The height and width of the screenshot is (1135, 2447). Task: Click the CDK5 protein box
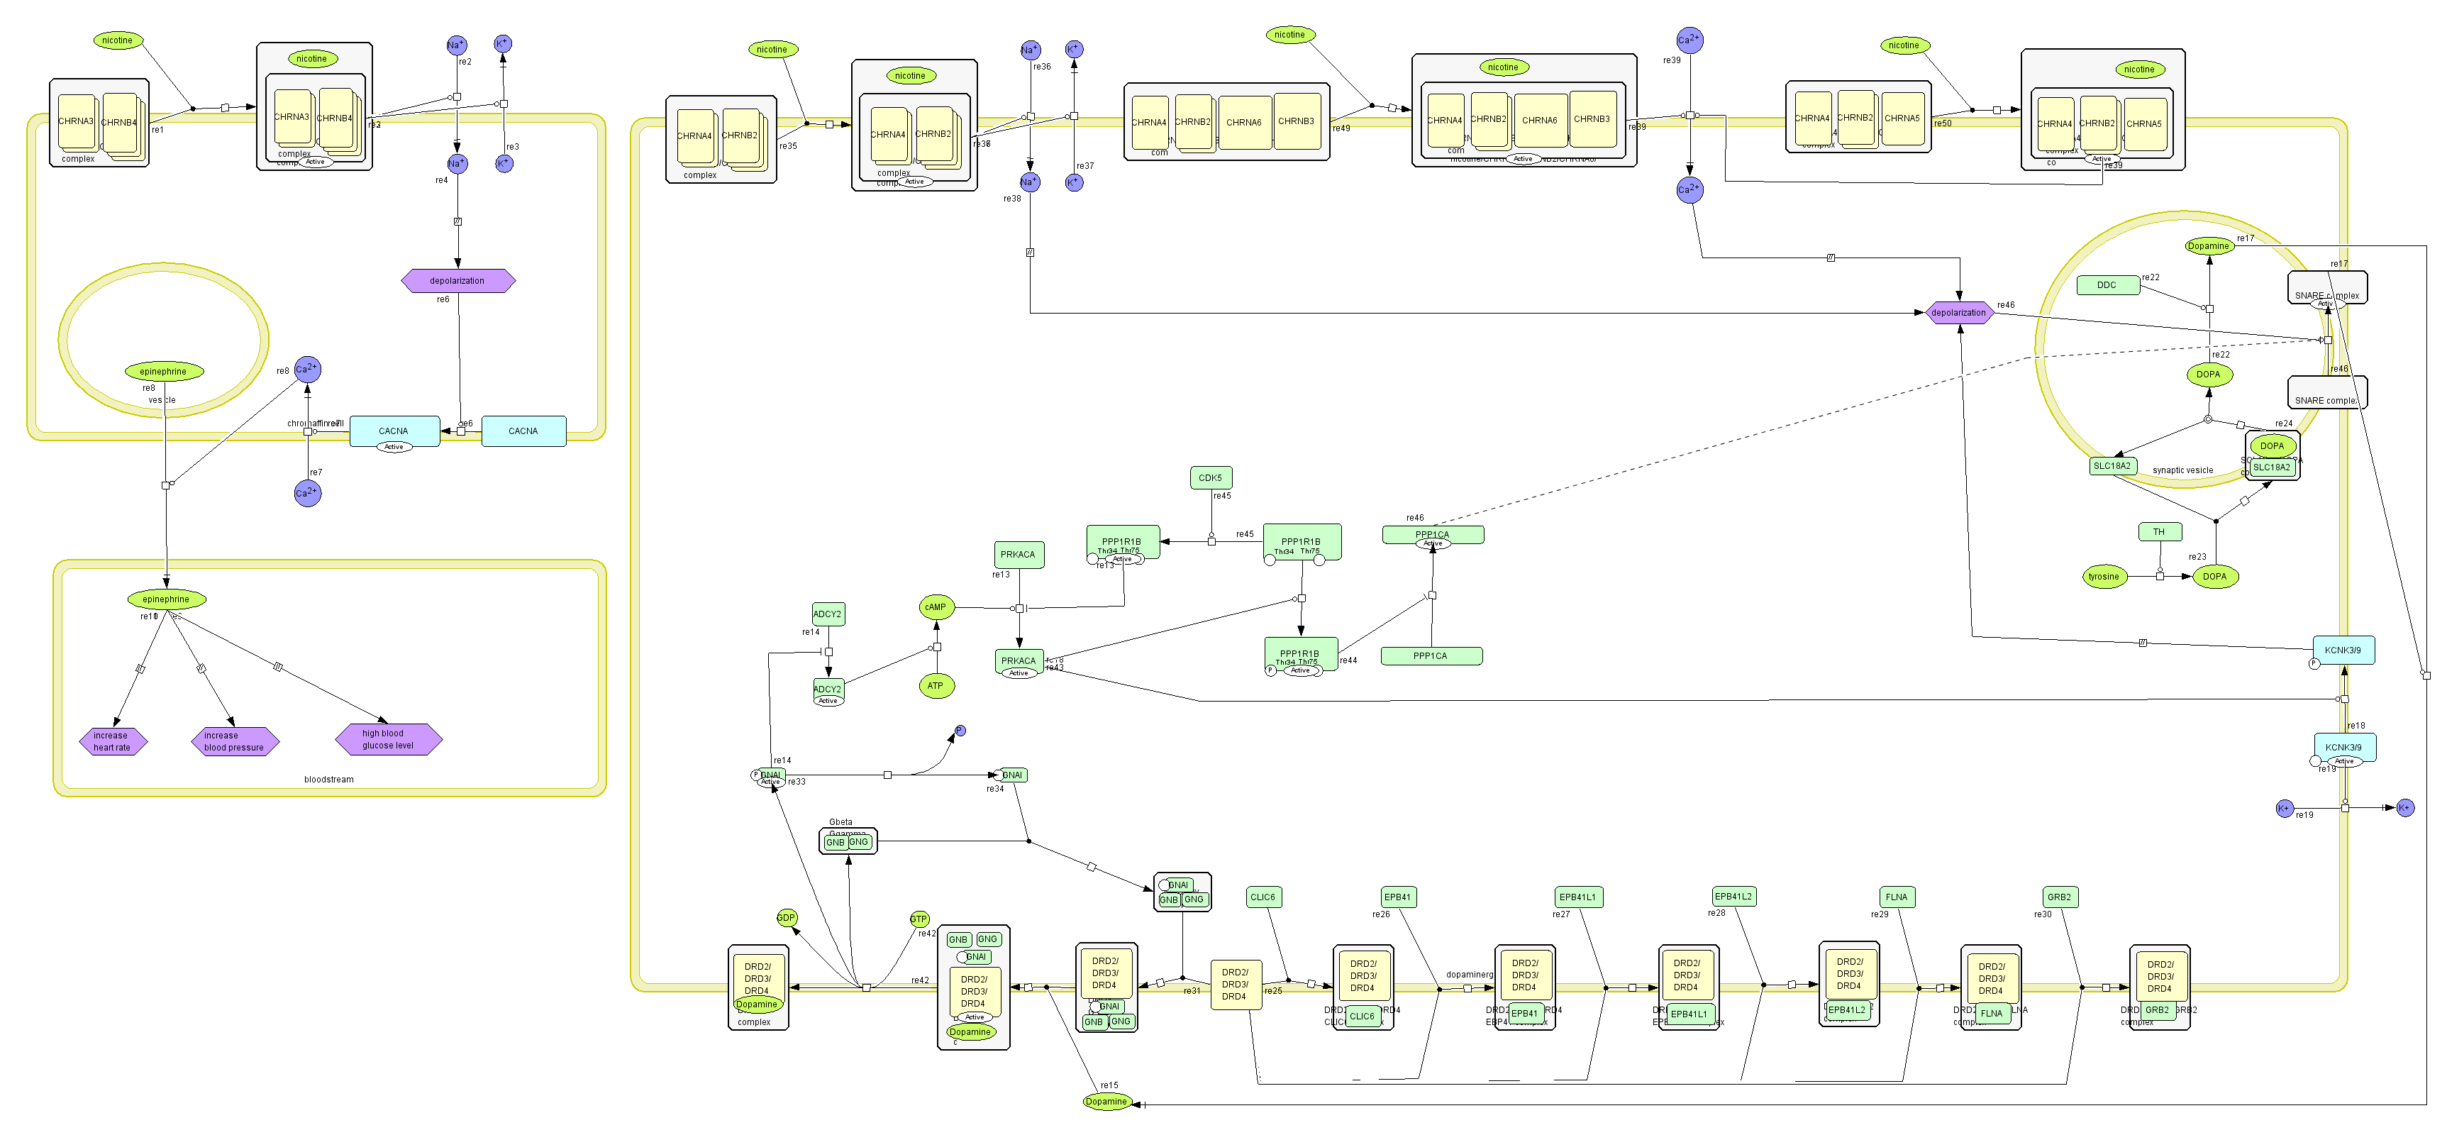point(1210,477)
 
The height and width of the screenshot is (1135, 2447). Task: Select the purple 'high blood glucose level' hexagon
point(389,739)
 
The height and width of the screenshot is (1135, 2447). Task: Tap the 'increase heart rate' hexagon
point(113,741)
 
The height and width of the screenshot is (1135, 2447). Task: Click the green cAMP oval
point(936,607)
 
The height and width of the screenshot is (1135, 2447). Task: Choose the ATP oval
point(936,686)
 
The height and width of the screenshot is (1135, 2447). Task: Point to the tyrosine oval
point(2103,577)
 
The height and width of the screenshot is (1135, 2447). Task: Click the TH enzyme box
point(2159,532)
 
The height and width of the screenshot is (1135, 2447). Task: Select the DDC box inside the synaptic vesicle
point(2106,285)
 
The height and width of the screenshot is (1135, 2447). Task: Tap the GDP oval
point(787,917)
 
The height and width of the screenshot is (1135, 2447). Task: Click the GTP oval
point(919,919)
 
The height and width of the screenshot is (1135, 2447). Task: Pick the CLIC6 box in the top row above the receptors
point(1263,897)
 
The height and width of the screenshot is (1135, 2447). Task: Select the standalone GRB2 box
point(2060,897)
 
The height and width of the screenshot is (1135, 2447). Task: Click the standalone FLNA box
point(1896,897)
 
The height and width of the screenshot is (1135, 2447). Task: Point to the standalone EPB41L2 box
point(1733,896)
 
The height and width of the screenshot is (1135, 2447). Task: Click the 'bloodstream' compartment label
point(328,780)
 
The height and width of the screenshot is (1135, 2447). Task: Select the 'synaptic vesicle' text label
point(2182,470)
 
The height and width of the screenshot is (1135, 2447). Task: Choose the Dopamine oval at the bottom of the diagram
point(1106,1102)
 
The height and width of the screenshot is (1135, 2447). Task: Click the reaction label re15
point(1109,1085)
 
